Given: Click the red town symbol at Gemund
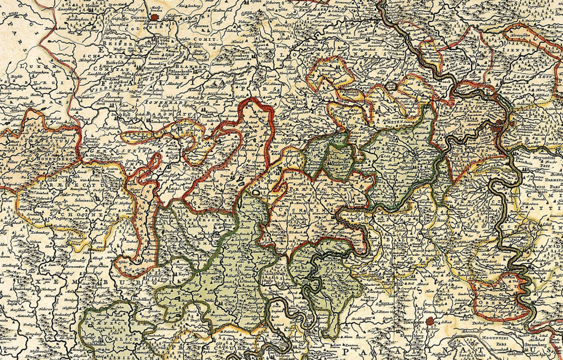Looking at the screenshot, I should coord(156,16).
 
